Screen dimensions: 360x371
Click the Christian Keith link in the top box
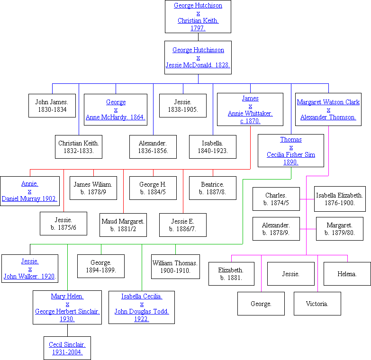[198, 21]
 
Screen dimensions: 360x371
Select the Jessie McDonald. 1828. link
[198, 65]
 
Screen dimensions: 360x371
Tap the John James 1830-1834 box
[52, 106]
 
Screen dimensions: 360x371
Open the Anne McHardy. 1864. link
[116, 117]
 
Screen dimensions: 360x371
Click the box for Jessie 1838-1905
[183, 106]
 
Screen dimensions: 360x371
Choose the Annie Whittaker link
[250, 113]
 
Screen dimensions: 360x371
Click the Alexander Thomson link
[328, 117]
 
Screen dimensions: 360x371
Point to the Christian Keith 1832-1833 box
[79, 147]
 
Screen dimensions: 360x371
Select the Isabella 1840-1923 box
[213, 147]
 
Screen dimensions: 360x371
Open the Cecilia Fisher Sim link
[291, 154]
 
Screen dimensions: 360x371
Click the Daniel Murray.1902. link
[29, 198]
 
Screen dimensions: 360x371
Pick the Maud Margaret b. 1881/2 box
[123, 225]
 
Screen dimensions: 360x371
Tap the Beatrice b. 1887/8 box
[213, 188]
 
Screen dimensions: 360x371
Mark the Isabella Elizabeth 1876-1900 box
[340, 199]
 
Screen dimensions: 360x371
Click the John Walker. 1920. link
[30, 276]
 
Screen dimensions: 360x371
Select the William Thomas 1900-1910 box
[175, 266]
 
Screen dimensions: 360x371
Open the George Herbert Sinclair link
[67, 311]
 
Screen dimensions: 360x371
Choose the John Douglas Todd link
[142, 311]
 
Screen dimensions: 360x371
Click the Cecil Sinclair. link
[67, 344]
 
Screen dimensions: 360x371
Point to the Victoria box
[317, 304]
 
